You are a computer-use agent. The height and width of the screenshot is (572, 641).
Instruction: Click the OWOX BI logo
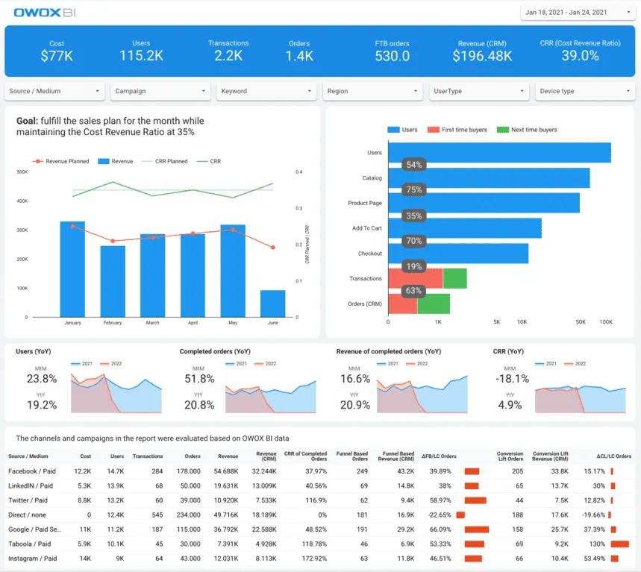pos(43,13)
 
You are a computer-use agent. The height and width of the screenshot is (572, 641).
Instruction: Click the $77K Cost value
pos(57,56)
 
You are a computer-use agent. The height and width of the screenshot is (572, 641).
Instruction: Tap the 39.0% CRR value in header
pos(580,56)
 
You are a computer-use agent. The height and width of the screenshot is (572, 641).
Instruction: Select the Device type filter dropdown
pos(584,91)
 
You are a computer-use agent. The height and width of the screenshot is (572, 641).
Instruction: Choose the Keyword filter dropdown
pos(267,91)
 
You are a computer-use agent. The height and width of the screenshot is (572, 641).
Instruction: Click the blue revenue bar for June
pos(272,303)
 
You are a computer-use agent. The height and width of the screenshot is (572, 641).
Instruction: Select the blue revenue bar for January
pos(72,268)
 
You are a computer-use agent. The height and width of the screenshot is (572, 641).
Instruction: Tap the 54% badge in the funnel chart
pos(414,165)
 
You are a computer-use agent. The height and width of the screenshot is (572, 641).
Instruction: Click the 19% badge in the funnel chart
pos(414,266)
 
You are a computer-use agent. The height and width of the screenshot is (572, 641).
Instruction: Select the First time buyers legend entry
pos(458,130)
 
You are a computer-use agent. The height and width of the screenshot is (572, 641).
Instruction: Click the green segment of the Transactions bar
pos(454,279)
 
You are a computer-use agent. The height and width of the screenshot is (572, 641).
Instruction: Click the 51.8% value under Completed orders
pos(200,379)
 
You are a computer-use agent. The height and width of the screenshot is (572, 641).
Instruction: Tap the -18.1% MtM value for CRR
pos(513,379)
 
